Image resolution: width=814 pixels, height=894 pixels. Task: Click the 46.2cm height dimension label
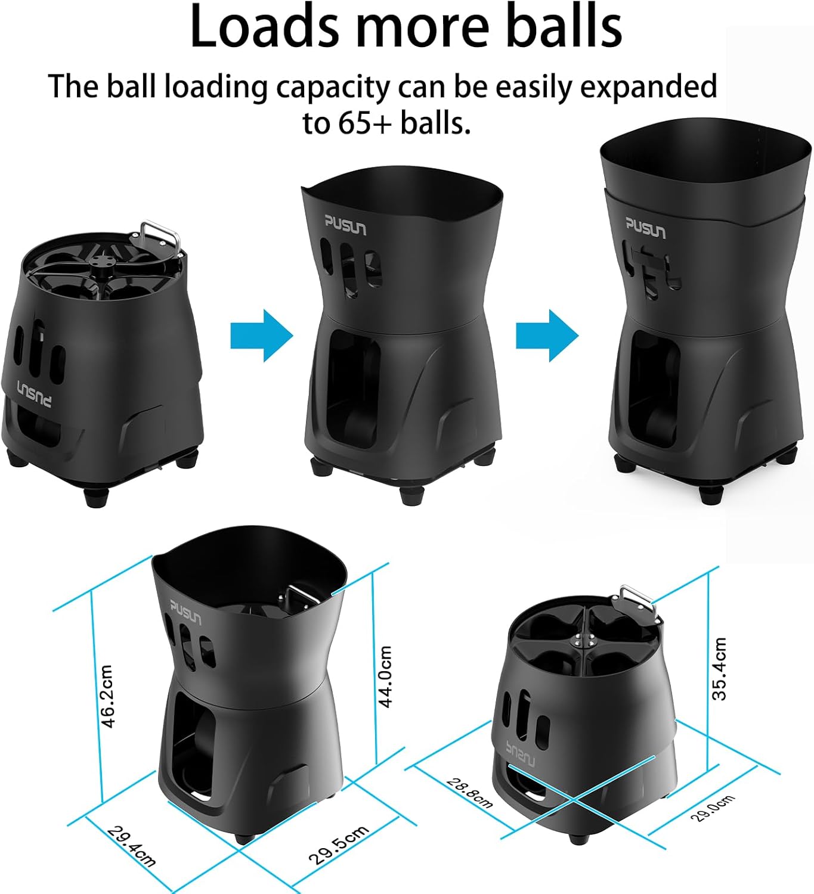pos(107,696)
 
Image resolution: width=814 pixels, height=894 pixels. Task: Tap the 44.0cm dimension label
pos(386,676)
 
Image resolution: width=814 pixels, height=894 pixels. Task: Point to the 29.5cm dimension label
pos(338,845)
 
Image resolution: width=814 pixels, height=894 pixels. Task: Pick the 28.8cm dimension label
pos(470,793)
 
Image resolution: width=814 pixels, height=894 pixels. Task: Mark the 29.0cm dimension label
pos(713,808)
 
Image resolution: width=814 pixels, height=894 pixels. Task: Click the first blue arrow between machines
pos(261,335)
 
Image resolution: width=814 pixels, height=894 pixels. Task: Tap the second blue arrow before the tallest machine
pos(547,335)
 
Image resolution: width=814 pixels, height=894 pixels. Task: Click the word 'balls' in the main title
pos(564,28)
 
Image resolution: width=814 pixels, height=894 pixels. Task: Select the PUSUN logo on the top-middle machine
pos(345,225)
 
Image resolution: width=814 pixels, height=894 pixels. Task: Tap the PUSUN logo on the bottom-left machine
pos(186,612)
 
